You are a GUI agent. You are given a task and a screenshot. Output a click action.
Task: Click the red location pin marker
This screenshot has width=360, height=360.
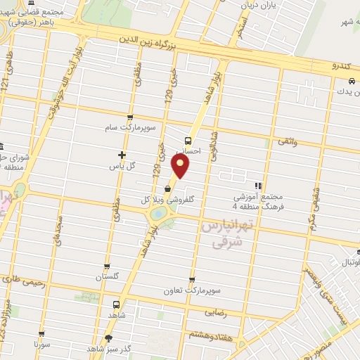pos(181,167)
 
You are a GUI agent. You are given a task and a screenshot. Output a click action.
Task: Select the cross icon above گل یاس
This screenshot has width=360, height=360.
pos(122,154)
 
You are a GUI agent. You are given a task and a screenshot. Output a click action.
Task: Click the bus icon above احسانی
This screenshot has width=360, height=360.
pos(187,139)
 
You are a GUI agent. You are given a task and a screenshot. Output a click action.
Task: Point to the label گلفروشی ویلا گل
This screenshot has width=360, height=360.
pos(172,200)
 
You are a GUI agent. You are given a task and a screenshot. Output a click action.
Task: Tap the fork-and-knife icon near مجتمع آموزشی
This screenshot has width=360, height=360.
pos(258,186)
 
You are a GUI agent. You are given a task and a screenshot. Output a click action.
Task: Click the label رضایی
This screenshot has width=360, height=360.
pos(214,310)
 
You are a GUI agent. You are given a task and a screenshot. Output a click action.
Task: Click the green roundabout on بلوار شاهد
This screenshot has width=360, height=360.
pos(159,212)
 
